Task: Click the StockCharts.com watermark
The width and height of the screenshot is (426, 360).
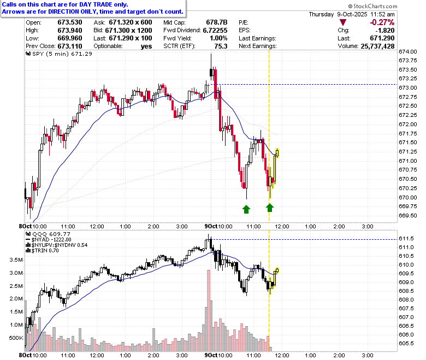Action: (372, 6)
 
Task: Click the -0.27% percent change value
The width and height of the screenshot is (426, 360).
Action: (382, 22)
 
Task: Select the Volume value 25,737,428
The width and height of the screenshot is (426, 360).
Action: (377, 46)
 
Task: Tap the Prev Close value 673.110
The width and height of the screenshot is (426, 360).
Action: (70, 46)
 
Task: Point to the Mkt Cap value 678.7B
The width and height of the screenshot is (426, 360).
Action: (216, 22)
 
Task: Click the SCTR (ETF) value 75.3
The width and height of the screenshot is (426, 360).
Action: (221, 46)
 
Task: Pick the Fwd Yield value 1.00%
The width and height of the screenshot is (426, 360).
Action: (218, 38)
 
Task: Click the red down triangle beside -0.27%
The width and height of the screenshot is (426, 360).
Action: (343, 22)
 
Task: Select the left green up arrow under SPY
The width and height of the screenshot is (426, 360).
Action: (246, 209)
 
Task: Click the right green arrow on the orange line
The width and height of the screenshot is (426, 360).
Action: (269, 208)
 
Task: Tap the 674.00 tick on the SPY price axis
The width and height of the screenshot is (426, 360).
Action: (408, 51)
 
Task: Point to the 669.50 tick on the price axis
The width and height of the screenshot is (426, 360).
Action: (408, 215)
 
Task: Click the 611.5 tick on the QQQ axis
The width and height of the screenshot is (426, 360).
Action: (406, 239)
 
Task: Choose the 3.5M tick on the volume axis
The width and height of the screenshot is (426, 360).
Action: (16, 259)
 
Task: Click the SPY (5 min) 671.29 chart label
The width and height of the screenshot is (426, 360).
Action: (59, 54)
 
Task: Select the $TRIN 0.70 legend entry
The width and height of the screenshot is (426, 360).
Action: (42, 251)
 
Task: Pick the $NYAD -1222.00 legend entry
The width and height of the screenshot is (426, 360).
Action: (49, 240)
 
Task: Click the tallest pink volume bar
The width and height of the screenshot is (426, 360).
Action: (209, 310)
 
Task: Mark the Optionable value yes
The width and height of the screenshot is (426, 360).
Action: (146, 46)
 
